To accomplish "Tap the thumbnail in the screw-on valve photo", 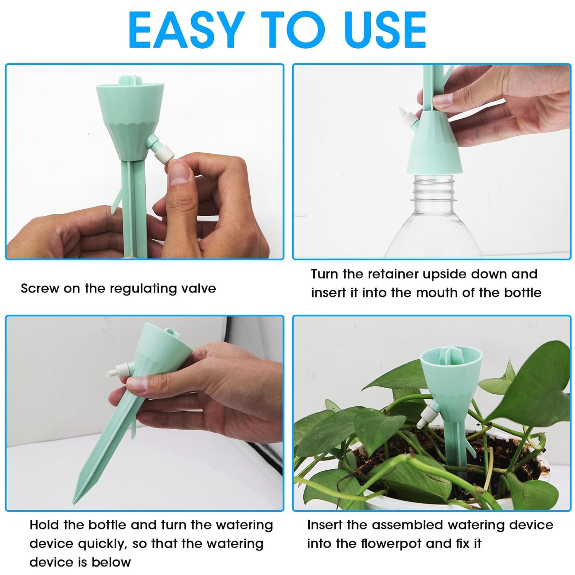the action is tap(179, 172).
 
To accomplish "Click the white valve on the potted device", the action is tap(427, 417).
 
